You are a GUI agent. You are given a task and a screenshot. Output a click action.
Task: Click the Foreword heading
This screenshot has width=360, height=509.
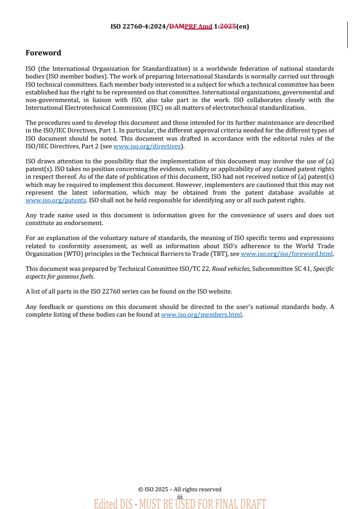click(43, 53)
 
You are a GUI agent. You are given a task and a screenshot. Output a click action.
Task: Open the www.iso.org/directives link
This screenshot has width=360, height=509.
click(147, 146)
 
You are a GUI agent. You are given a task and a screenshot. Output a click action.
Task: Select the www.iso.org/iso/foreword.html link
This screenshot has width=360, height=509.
click(286, 254)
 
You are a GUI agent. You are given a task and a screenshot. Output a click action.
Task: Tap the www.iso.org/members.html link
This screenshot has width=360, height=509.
click(201, 314)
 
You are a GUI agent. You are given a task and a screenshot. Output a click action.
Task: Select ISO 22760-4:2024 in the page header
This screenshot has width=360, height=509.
click(139, 26)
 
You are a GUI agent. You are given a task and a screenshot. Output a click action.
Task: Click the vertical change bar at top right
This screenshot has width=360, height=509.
click(347, 35)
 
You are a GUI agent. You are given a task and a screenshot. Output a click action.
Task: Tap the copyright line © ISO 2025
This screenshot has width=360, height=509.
click(180, 489)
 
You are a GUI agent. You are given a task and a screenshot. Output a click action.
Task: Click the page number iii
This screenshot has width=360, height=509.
click(180, 496)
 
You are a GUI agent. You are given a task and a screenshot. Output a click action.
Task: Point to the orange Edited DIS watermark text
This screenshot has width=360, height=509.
click(180, 504)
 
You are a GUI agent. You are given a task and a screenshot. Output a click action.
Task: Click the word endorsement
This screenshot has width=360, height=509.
click(84, 223)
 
